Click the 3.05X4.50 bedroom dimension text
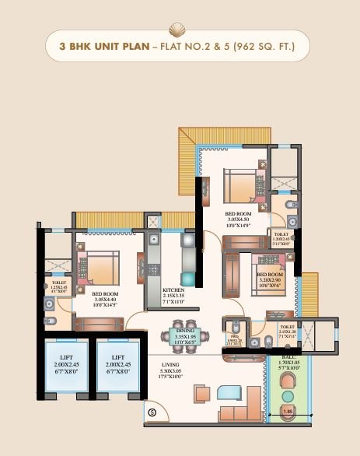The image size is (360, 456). [x=237, y=219]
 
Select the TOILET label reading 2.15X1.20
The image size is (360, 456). [x=286, y=331]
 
